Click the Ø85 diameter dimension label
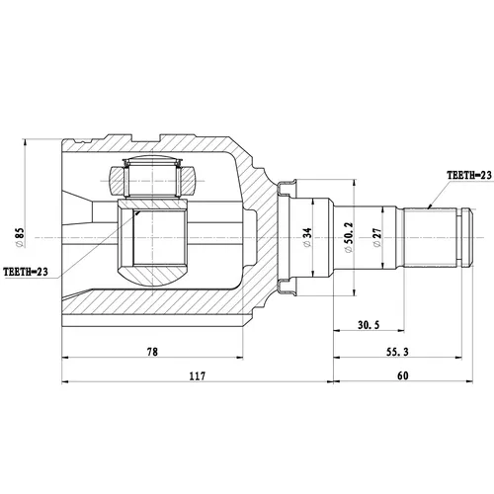click(20, 237)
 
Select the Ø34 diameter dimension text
click(307, 237)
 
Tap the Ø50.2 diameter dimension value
click(349, 237)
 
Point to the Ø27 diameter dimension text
click(377, 237)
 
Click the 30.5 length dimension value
click(369, 325)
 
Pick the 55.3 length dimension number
click(397, 352)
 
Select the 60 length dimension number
click(403, 375)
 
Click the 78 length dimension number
click(152, 352)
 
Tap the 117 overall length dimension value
click(197, 375)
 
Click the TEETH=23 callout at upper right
click(469, 175)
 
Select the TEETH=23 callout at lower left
click(26, 272)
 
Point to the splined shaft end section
click(431, 237)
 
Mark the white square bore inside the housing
click(159, 237)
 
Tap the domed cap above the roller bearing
click(152, 159)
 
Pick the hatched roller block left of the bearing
click(117, 181)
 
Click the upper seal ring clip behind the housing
click(287, 188)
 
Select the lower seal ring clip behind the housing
click(287, 287)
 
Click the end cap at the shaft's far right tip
click(467, 237)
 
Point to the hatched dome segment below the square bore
click(152, 276)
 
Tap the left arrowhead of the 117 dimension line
click(65, 381)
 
